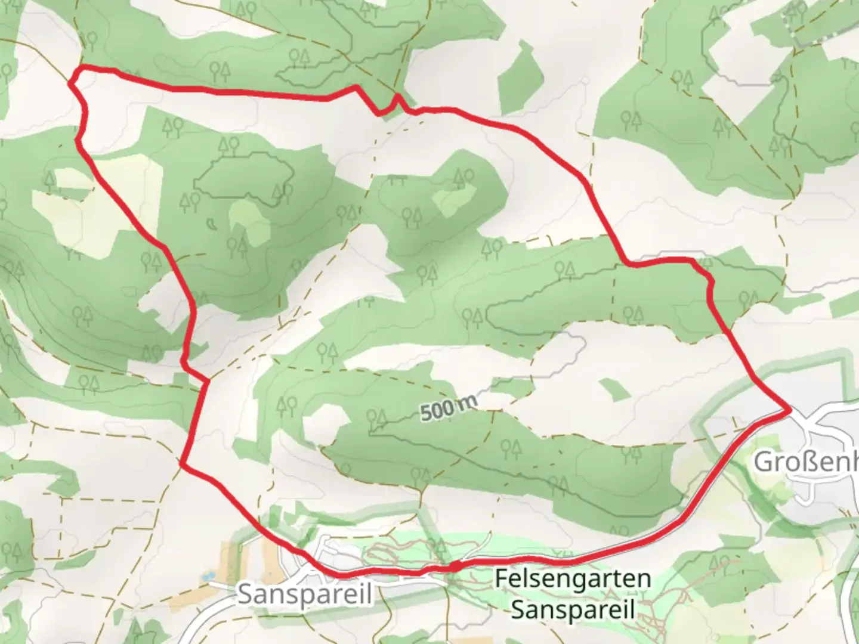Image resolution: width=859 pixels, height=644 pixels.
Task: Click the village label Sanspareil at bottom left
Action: click(304, 594)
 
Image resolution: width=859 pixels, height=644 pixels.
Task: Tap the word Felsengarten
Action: click(573, 578)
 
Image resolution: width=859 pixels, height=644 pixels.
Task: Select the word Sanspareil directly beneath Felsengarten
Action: click(573, 609)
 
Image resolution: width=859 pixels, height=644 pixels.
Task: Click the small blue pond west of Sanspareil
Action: click(207, 577)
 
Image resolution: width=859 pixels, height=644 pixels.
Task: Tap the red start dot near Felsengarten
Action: click(453, 566)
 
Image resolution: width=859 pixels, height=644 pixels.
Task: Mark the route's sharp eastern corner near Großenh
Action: click(790, 410)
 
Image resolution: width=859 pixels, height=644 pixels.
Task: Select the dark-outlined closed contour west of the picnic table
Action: click(245, 177)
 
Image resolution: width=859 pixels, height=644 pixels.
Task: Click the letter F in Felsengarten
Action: click(501, 578)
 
